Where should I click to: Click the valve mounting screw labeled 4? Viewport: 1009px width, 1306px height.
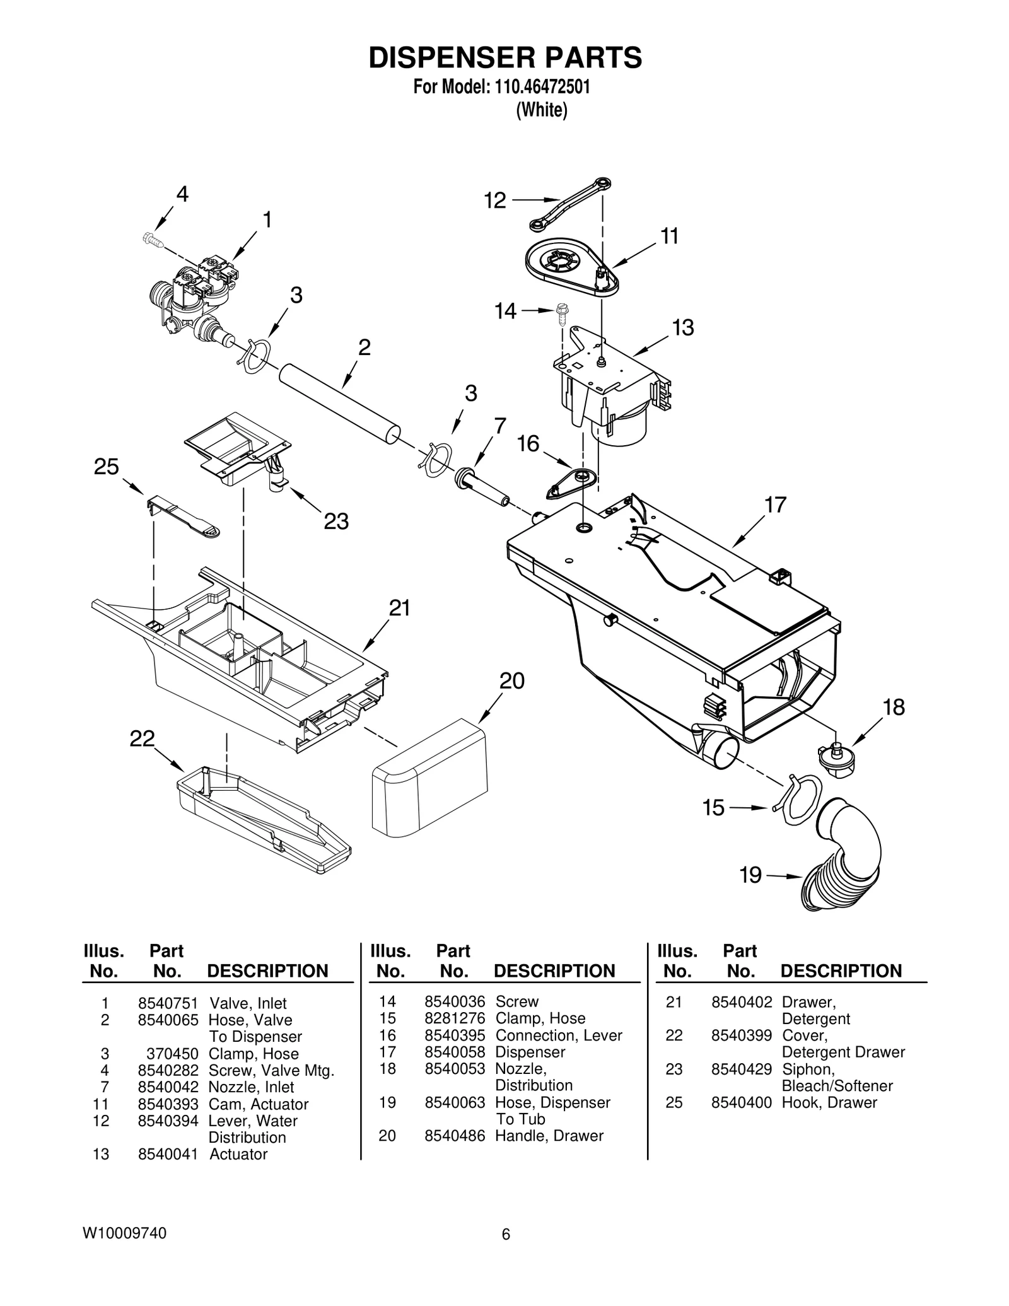point(152,240)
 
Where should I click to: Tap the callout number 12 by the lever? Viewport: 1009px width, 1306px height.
point(495,201)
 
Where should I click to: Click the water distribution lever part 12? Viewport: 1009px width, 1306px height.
point(569,205)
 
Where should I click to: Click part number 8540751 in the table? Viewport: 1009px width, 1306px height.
point(168,1003)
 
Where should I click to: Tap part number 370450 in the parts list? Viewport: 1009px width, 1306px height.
point(173,1054)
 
